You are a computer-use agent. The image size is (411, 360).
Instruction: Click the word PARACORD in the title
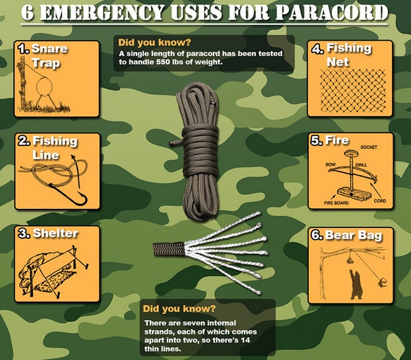point(332,12)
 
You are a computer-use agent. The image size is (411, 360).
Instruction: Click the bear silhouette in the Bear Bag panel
point(356,284)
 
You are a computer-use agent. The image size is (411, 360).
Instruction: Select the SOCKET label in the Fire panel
point(368,147)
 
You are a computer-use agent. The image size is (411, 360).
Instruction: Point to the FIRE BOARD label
point(336,203)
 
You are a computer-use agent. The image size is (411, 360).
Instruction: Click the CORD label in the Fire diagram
point(380,201)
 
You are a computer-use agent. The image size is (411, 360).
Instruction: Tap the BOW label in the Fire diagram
point(330,164)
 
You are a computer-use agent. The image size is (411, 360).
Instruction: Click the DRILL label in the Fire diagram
point(361,165)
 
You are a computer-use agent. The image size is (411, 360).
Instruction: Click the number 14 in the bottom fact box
point(246,340)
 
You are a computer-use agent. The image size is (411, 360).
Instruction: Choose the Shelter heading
point(55,233)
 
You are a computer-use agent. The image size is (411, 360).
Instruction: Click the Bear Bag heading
point(353,235)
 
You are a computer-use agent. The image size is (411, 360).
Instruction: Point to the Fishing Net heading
point(349,55)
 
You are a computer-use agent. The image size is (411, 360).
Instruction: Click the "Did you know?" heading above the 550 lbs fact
point(154,43)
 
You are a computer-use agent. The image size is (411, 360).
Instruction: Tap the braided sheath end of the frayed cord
point(168,249)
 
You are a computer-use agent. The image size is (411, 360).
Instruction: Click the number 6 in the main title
point(27,13)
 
